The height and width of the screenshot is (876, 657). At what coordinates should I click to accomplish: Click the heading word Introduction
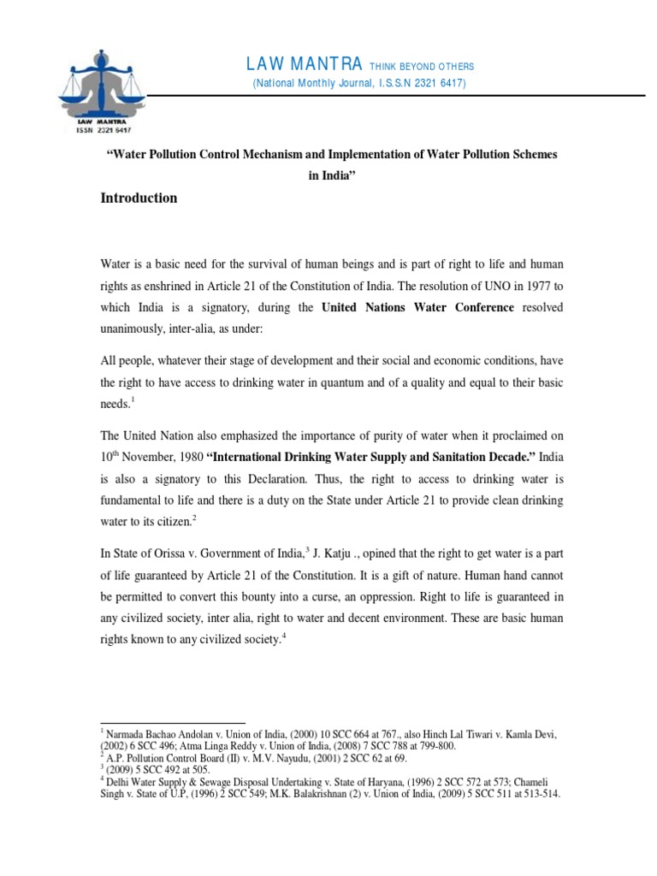139,198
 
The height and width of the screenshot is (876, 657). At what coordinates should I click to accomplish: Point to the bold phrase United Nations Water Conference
417,308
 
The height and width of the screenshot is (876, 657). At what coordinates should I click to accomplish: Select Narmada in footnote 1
126,734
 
